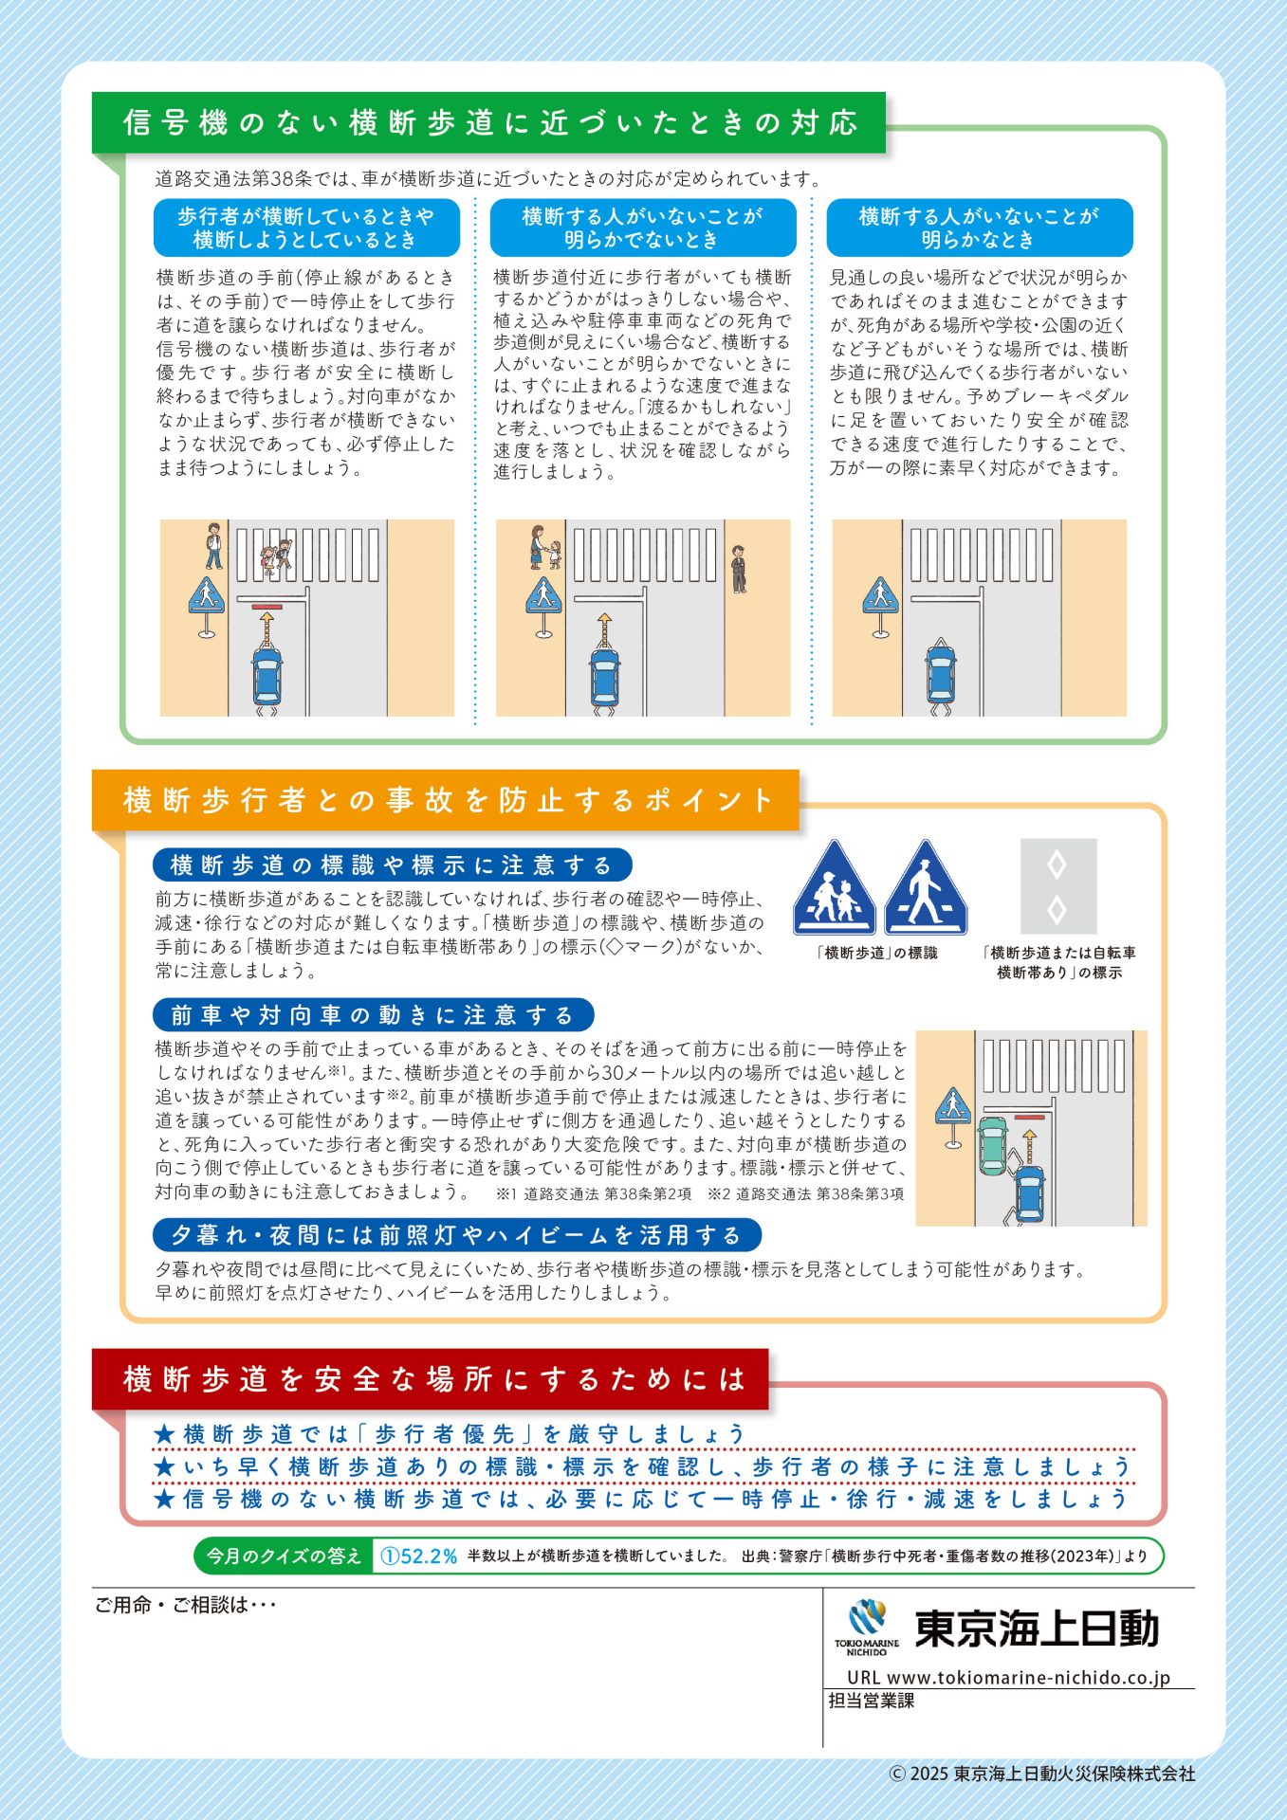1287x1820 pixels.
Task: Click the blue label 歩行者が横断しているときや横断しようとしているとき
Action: [306, 227]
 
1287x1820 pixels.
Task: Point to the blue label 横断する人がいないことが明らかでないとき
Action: [643, 227]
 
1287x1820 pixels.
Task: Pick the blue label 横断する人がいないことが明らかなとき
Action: [980, 227]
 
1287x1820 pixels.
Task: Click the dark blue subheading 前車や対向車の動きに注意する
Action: [373, 1015]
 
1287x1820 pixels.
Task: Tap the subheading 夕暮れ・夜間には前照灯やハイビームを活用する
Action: [457, 1235]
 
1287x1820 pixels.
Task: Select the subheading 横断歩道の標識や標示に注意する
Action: [392, 864]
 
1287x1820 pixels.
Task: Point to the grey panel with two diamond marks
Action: [1058, 886]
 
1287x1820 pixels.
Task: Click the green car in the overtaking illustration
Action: [992, 1145]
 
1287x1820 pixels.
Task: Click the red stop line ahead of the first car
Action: [267, 606]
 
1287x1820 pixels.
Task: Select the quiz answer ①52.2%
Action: [418, 1556]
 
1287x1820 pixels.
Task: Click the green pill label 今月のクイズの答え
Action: [284, 1556]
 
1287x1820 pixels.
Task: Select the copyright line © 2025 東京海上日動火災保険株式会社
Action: [1042, 1774]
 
